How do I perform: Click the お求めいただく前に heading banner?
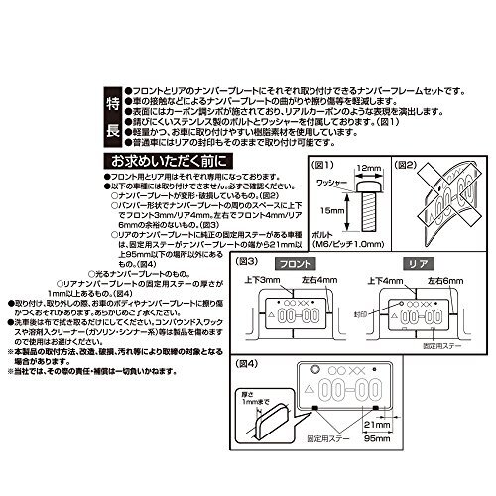coord(178,160)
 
